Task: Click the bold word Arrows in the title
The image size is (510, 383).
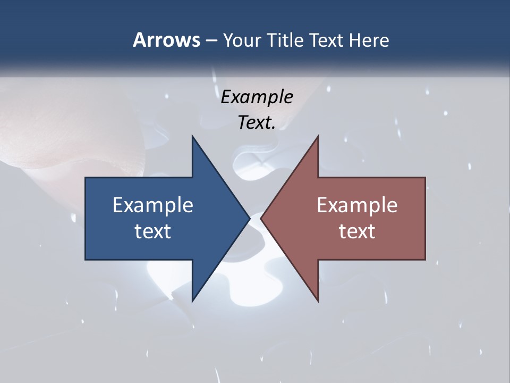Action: point(166,40)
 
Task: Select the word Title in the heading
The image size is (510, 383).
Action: point(285,40)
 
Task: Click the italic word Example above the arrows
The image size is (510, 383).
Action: point(257,97)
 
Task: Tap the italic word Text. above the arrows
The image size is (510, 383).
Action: point(257,123)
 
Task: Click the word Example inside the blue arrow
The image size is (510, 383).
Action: point(153,205)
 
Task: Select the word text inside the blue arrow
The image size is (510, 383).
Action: point(153,231)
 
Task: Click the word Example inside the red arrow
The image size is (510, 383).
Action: point(357,205)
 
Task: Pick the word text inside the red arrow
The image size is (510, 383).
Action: point(357,231)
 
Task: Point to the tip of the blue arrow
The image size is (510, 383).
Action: point(249,218)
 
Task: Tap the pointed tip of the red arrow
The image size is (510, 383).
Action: point(262,218)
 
